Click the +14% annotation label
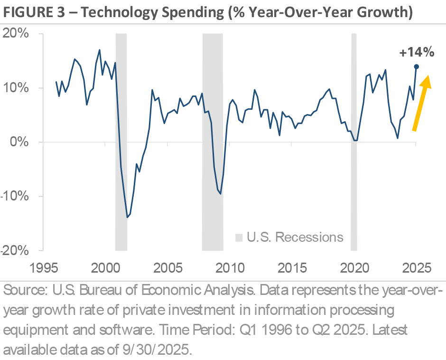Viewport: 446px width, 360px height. (x=417, y=53)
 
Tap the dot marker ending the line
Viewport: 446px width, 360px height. (x=417, y=66)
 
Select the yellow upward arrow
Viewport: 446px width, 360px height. (x=421, y=102)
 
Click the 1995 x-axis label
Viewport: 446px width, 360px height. (x=46, y=267)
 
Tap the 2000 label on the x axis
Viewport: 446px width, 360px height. (x=107, y=267)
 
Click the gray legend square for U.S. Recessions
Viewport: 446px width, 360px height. (x=239, y=237)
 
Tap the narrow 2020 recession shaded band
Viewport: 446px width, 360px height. (x=354, y=142)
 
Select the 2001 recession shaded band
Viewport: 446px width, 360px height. (x=121, y=142)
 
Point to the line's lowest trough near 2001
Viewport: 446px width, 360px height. (x=127, y=217)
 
